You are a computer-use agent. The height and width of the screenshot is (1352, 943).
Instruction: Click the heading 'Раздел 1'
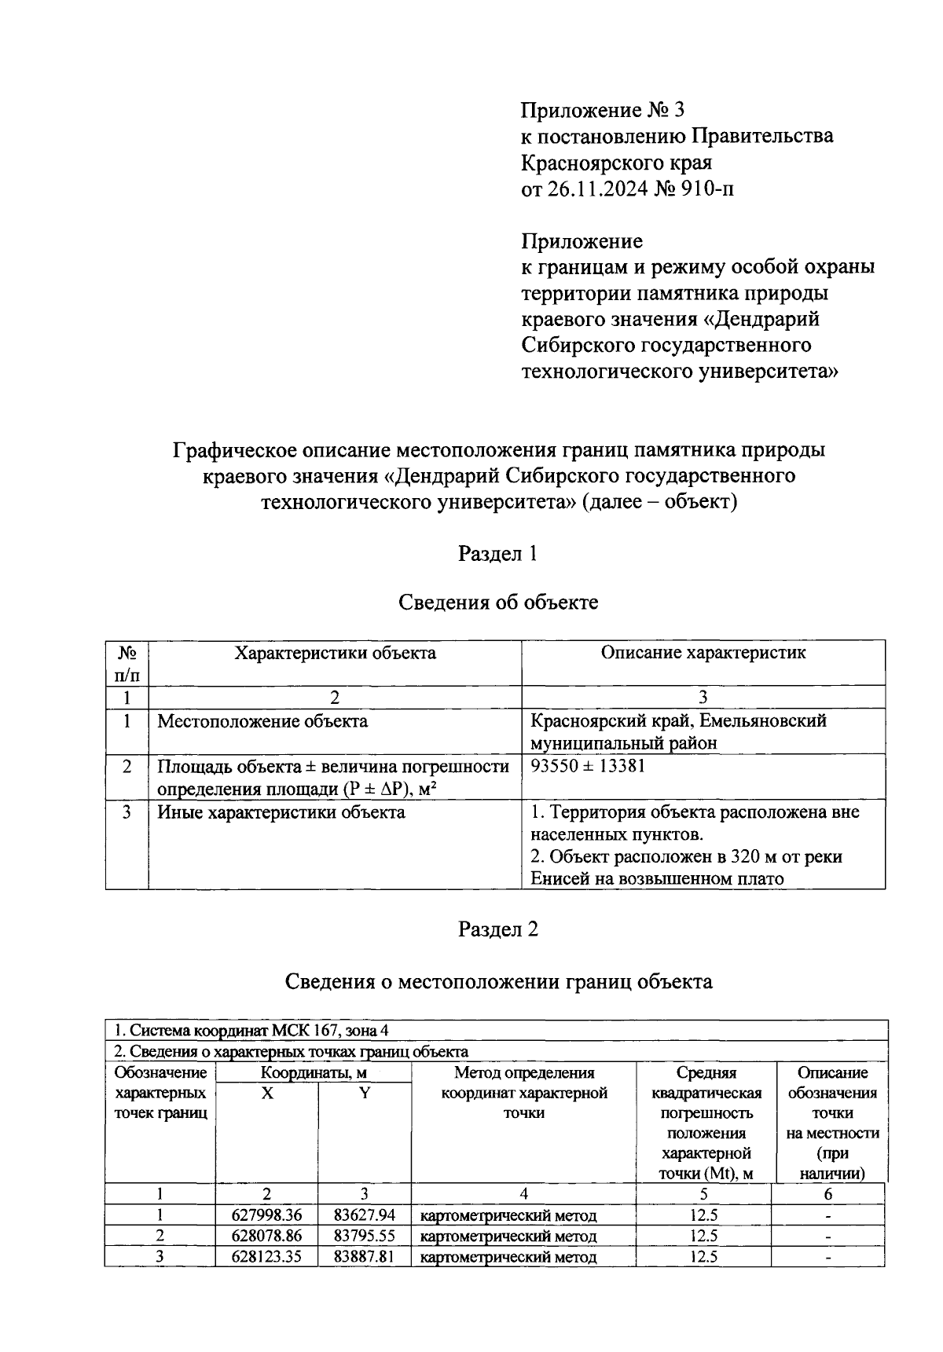pos(497,554)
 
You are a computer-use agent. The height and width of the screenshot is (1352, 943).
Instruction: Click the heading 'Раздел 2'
pos(497,929)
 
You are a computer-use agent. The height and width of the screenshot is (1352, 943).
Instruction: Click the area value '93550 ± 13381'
pos(588,766)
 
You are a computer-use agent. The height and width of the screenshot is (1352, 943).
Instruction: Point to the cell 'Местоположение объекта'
pos(262,720)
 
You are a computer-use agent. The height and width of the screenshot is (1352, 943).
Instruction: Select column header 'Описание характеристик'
pos(703,652)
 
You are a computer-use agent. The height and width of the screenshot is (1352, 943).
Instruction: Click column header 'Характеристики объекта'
pos(336,652)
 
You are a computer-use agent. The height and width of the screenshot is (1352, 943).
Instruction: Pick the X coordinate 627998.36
pos(266,1215)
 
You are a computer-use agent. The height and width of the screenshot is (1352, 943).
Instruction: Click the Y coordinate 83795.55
pos(364,1236)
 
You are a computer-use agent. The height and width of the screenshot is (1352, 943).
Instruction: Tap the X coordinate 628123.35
pos(266,1256)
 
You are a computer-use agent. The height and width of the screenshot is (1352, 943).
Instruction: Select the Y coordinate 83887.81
pos(364,1256)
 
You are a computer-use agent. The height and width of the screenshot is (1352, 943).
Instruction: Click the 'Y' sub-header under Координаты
pos(365,1093)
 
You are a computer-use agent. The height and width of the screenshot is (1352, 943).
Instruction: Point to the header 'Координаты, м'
pos(314,1072)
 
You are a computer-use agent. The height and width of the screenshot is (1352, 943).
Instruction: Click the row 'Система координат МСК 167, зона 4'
pos(251,1030)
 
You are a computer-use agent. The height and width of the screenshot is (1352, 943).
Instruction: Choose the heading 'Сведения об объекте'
pos(497,603)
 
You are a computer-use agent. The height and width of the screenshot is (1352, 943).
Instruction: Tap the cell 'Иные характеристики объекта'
pos(281,812)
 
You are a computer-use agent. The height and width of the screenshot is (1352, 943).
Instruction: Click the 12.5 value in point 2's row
pos(703,1236)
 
